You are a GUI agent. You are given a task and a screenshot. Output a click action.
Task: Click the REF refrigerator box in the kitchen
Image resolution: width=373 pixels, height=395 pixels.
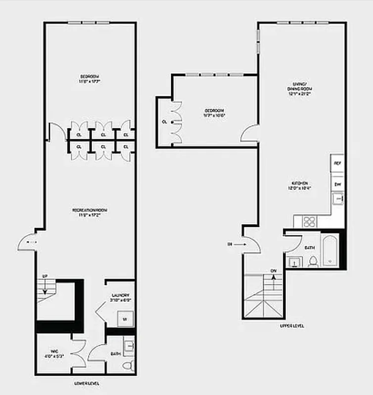(338, 162)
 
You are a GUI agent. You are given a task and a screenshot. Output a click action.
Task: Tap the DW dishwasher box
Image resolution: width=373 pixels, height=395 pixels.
(338, 184)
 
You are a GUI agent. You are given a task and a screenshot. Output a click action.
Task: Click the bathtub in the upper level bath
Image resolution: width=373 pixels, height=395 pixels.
(330, 251)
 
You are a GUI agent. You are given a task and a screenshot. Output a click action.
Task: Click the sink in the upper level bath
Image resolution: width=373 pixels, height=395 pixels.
(294, 261)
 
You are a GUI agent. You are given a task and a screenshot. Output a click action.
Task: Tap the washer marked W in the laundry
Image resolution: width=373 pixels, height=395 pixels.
(125, 319)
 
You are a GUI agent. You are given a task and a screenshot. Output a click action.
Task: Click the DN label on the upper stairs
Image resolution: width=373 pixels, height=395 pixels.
(273, 271)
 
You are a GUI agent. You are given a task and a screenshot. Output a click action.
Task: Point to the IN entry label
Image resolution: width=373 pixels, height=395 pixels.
(230, 244)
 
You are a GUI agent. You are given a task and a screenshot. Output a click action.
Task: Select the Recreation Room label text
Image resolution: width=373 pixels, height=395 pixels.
(90, 210)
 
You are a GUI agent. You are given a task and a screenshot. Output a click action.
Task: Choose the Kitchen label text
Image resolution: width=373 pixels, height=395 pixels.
(300, 183)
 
